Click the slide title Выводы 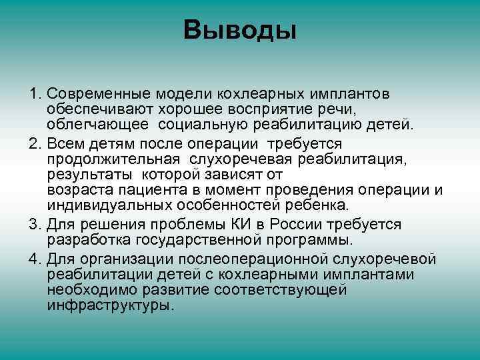(x=240, y=30)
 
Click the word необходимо (x=87, y=289)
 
